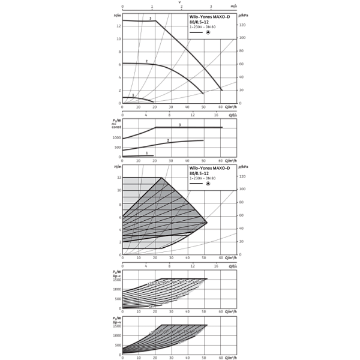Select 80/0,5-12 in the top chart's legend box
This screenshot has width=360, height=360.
(x=199, y=22)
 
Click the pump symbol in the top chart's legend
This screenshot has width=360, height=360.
(x=209, y=32)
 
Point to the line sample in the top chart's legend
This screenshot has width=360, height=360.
(x=196, y=32)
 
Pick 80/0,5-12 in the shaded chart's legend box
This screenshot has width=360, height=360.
(x=199, y=174)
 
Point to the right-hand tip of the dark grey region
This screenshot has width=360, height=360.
(x=206, y=223)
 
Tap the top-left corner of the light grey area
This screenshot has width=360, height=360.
(x=123, y=179)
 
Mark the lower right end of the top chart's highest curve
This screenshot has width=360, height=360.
(x=222, y=90)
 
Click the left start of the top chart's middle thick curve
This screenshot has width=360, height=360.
(x=123, y=63)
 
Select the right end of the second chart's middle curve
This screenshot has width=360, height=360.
(x=204, y=140)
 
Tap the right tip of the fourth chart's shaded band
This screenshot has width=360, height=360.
(x=206, y=280)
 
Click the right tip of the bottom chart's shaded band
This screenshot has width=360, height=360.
(x=206, y=327)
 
